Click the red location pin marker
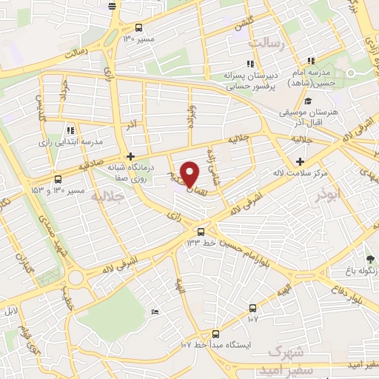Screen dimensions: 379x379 [190, 174]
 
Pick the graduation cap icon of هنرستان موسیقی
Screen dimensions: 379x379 [308, 101]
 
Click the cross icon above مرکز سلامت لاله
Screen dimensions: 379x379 [300, 161]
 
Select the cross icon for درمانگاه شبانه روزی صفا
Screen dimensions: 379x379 [131, 156]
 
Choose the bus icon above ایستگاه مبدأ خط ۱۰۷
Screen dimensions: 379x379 [253, 307]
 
